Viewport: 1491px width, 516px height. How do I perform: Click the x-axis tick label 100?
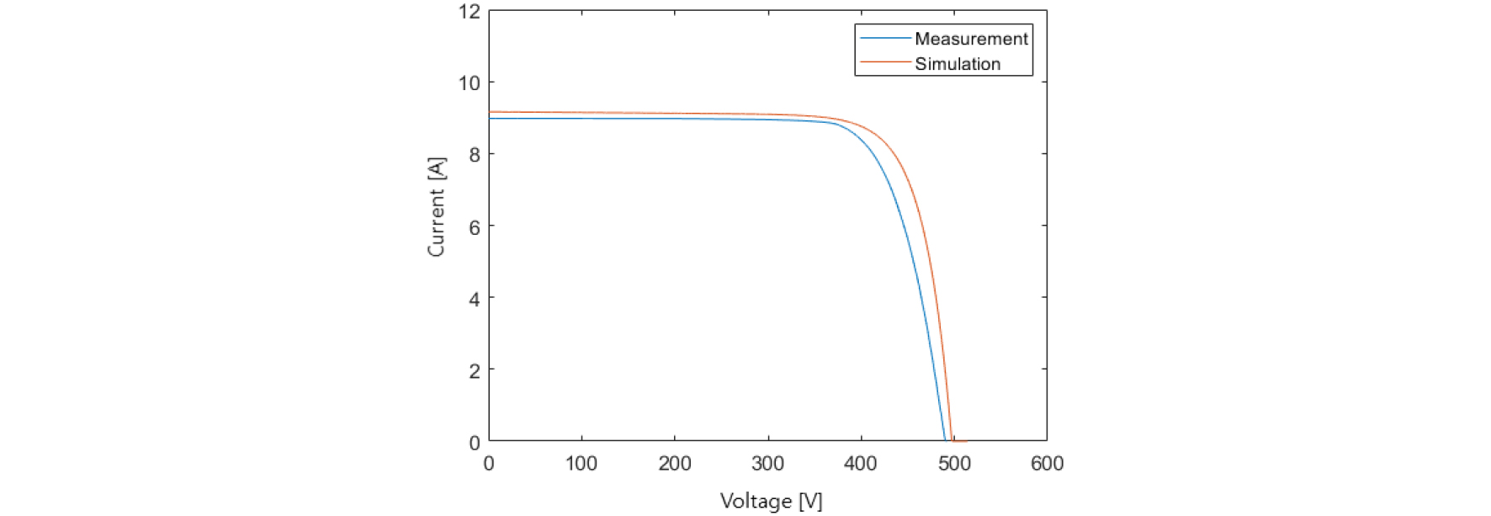581,464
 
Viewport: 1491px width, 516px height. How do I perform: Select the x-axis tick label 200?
674,464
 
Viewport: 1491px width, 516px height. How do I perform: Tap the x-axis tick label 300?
767,464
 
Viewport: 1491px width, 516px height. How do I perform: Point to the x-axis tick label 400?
860,464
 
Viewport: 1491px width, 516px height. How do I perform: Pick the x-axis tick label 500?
953,464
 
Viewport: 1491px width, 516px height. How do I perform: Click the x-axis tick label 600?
1047,464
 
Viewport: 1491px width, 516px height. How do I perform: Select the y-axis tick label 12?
470,12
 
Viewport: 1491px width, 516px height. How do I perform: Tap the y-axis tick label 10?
470,83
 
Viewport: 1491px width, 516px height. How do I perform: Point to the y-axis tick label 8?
475,155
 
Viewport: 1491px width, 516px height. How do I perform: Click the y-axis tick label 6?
475,226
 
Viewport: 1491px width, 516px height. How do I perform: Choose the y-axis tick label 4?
475,299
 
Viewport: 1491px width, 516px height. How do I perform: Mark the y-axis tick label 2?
475,370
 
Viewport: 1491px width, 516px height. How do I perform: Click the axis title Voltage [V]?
771,502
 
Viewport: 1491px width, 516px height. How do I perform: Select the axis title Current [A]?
436,207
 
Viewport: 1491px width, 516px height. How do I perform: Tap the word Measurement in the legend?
971,39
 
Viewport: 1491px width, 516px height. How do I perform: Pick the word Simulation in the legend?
958,64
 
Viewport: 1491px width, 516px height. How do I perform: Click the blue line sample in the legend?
885,39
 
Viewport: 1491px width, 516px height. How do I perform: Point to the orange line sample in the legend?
885,62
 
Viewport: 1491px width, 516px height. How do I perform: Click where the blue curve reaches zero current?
946,440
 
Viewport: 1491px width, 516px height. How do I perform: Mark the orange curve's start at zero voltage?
490,112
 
